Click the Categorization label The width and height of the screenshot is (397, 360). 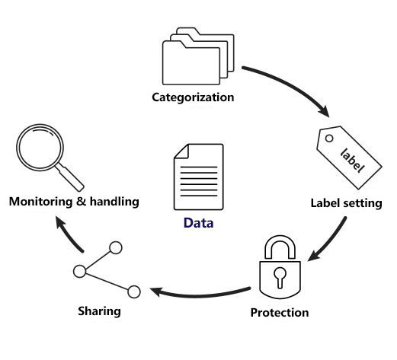coord(193,97)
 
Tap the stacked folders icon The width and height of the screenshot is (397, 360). coord(198,56)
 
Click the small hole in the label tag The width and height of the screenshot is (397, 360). coord(329,139)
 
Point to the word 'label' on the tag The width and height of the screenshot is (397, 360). coord(352,161)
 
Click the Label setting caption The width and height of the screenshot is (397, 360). coord(347,203)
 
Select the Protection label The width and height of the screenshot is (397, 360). coord(280,313)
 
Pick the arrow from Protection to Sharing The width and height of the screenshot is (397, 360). coord(200,295)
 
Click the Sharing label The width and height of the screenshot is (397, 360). coord(99,311)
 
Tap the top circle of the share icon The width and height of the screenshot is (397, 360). coord(116,247)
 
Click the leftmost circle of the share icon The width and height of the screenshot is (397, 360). coord(80,271)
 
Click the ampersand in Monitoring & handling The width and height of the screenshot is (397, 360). coord(82,202)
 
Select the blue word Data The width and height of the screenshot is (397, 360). coord(198,223)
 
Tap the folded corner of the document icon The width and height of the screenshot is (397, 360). coord(181,151)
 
